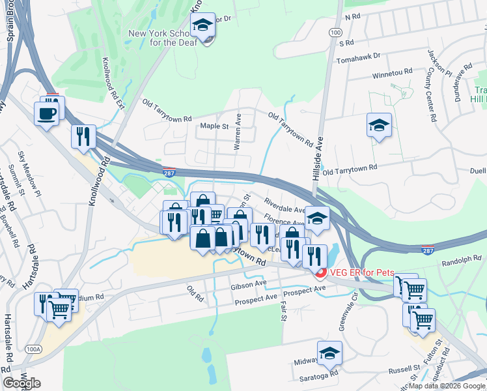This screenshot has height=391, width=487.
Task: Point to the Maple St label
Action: (x=214, y=126)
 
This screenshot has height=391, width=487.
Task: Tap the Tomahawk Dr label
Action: (x=357, y=59)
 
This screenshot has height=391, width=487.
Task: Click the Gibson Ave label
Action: (x=248, y=285)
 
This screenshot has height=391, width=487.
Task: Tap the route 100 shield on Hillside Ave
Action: (x=335, y=32)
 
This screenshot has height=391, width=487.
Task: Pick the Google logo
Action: (x=21, y=383)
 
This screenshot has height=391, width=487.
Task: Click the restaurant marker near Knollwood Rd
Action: (x=83, y=137)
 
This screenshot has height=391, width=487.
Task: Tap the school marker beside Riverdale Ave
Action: (x=317, y=219)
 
